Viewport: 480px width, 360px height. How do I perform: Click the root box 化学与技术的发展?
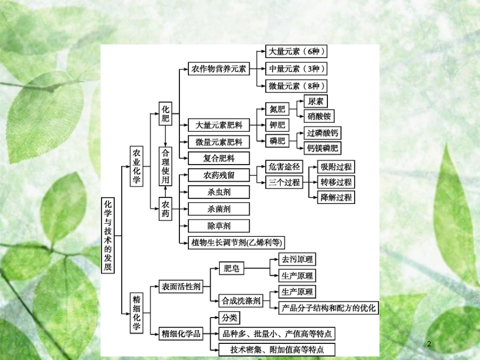click(x=107, y=235)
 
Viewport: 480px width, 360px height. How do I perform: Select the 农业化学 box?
click(x=136, y=166)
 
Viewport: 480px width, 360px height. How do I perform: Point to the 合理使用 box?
click(x=166, y=166)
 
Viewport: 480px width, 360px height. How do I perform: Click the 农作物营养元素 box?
click(x=218, y=69)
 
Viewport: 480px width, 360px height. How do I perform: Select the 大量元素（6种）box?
click(x=296, y=51)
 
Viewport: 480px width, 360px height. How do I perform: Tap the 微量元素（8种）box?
click(x=296, y=86)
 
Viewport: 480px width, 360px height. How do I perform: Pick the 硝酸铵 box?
click(x=319, y=116)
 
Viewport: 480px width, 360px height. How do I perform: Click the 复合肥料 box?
click(x=218, y=158)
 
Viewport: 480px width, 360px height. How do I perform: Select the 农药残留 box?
click(x=218, y=175)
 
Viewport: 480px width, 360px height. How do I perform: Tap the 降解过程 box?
click(x=336, y=197)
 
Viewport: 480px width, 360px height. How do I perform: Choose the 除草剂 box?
click(x=218, y=226)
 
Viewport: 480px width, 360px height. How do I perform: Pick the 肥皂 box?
click(x=231, y=268)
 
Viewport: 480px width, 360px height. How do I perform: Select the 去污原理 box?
click(x=297, y=260)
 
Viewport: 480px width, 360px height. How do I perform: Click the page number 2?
click(x=429, y=344)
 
